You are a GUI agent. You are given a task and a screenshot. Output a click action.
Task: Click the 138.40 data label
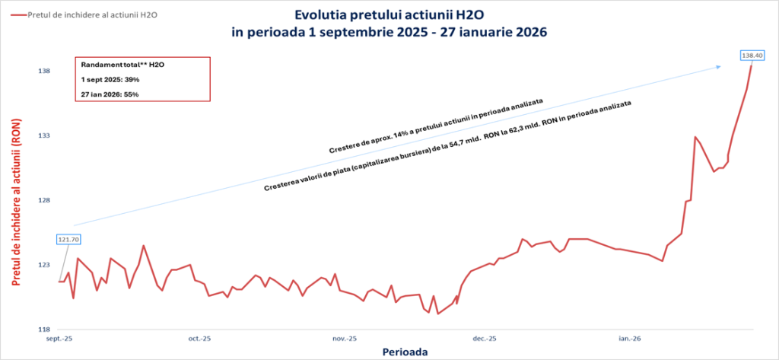(x=752, y=55)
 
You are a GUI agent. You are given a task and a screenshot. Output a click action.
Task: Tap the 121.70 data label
(x=68, y=239)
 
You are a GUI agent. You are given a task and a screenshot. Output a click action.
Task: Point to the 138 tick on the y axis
(x=44, y=72)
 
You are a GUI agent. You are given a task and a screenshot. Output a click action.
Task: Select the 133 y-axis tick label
(x=44, y=136)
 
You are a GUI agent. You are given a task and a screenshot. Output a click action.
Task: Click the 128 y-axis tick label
(x=44, y=201)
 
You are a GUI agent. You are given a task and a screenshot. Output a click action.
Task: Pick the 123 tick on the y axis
(x=44, y=265)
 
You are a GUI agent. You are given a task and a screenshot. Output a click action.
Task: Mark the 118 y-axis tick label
(x=44, y=330)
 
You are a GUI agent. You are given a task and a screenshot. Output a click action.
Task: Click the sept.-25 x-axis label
(x=59, y=338)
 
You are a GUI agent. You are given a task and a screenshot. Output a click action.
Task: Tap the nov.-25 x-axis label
(x=344, y=338)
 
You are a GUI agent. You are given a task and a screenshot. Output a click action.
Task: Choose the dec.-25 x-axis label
(x=485, y=338)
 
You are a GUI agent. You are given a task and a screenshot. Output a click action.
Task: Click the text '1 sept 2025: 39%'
(x=110, y=79)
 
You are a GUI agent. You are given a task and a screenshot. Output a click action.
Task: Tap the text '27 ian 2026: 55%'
(x=110, y=94)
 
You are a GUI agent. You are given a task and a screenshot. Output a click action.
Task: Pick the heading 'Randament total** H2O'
(x=123, y=65)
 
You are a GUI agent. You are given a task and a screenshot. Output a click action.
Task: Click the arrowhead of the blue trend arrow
(x=719, y=67)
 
